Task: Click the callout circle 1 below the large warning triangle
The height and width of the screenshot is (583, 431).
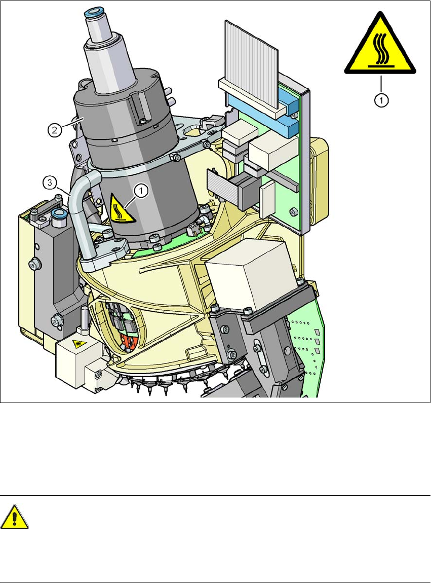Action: click(381, 100)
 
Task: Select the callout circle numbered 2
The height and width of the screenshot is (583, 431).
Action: click(55, 130)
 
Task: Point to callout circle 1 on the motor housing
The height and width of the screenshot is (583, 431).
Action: click(141, 191)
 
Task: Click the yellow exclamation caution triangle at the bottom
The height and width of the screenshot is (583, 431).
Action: click(14, 517)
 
